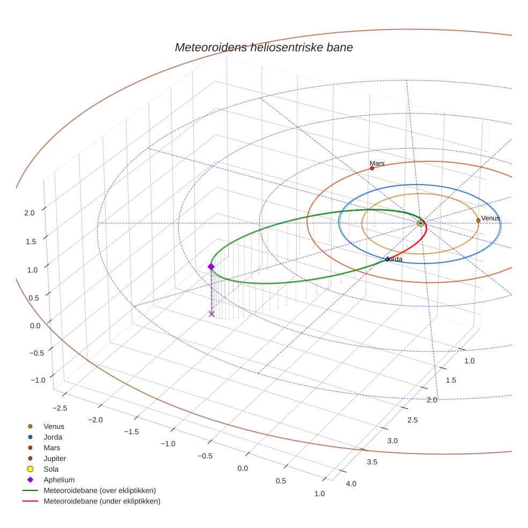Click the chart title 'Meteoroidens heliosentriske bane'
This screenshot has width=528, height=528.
[x=263, y=47]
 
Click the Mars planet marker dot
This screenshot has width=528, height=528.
[x=372, y=168]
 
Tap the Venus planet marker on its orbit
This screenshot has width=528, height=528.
[x=478, y=220]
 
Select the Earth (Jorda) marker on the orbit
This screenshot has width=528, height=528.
[x=387, y=260]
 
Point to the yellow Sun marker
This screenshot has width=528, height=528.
[x=421, y=223]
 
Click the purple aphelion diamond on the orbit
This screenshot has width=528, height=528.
[x=211, y=267]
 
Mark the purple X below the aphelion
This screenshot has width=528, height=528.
[x=211, y=314]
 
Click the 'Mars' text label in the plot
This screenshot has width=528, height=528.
[x=377, y=163]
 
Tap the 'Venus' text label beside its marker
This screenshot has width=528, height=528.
[x=490, y=218]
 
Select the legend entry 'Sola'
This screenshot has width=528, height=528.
[x=51, y=469]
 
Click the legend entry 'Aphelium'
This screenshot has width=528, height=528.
[x=59, y=480]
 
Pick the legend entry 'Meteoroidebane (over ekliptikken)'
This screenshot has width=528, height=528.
[x=99, y=490]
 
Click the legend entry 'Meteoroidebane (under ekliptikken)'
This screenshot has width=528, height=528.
[x=102, y=501]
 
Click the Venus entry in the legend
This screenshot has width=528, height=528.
[x=54, y=426]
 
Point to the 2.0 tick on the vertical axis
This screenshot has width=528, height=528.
[x=30, y=212]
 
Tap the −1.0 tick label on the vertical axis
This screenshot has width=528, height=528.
[x=38, y=380]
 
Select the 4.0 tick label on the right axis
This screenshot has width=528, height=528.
[x=351, y=484]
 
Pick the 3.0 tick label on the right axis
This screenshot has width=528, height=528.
[x=392, y=441]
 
